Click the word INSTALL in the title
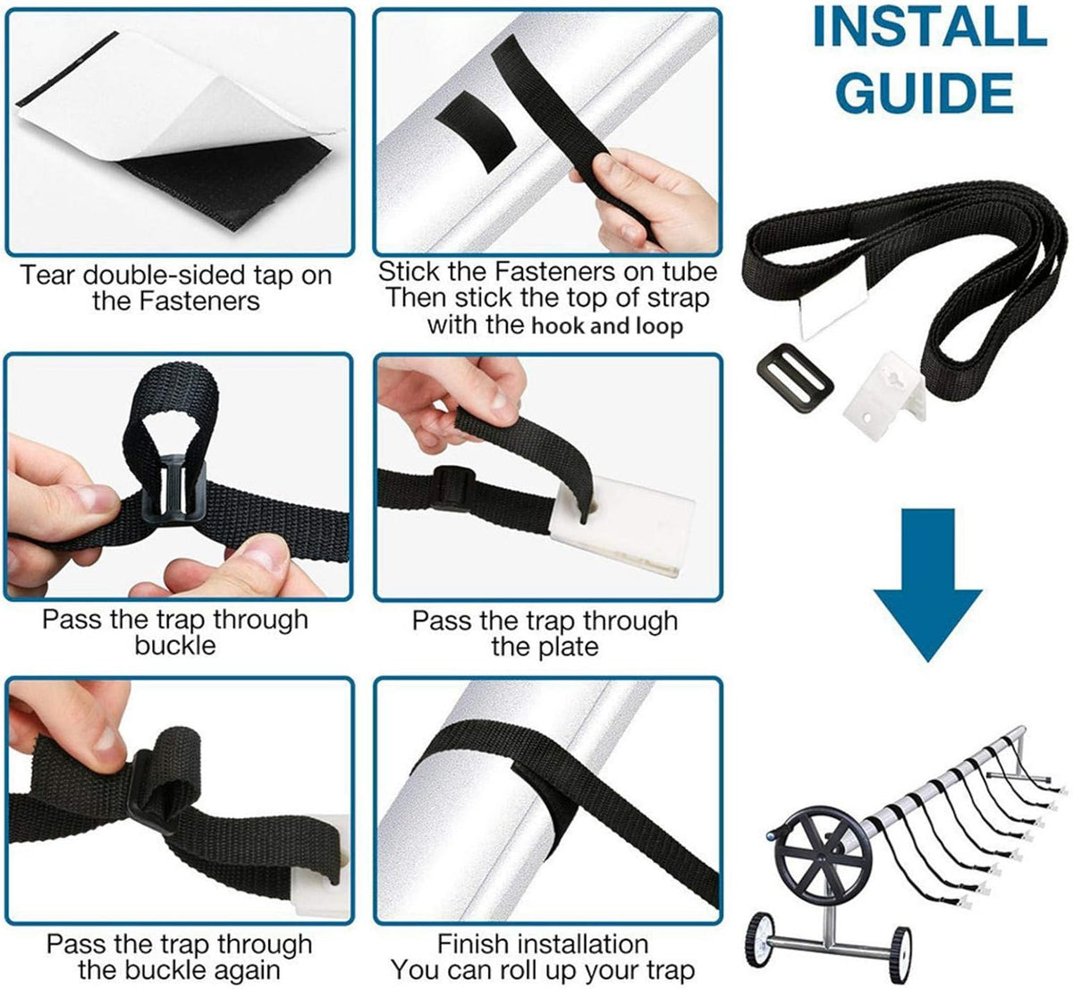click(x=929, y=27)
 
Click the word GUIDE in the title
click(x=925, y=91)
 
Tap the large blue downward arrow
click(x=928, y=585)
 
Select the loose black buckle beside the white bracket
click(x=795, y=385)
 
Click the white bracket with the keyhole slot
click(x=883, y=395)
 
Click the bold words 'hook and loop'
click(x=607, y=325)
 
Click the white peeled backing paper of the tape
click(x=160, y=97)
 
